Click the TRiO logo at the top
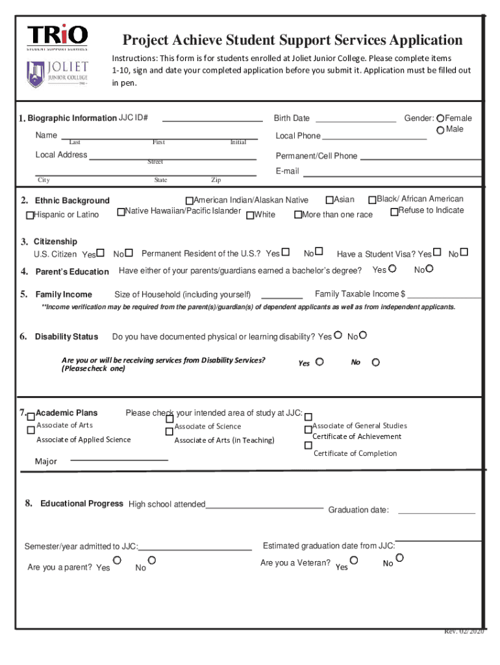tap(57, 36)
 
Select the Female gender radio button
tap(441, 118)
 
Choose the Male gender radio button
tap(441, 130)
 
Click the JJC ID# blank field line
tap(212, 120)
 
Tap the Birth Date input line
tap(355, 120)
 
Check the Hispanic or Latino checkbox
tap(30, 215)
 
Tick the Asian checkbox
tap(329, 200)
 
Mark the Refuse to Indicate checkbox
tap(394, 212)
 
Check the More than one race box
tap(298, 215)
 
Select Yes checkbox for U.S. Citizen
tap(101, 253)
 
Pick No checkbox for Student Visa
tap(464, 252)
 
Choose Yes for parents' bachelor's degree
tap(392, 268)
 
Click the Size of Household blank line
tap(281, 297)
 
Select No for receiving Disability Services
tap(375, 362)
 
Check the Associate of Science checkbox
tap(169, 428)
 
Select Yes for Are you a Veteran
tap(354, 559)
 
